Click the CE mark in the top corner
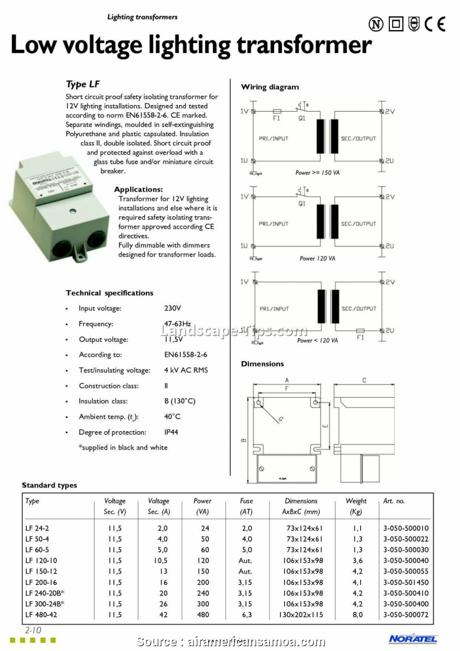pos(434,24)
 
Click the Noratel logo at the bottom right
pos(413,639)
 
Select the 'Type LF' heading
pos(83,84)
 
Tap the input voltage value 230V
pos(172,308)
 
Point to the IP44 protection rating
pos(171,432)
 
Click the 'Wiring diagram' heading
pos(270,87)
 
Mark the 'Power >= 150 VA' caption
pos(317,173)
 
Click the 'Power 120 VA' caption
pos(317,258)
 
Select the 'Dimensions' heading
pos(262,364)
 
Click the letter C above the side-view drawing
pos(364,380)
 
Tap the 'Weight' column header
pos(356,501)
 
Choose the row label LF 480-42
pos(41,615)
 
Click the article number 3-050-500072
pos(406,615)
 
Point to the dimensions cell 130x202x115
pos(301,615)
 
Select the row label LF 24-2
pos(37,528)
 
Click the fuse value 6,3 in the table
pos(247,615)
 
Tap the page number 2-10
pos(33,630)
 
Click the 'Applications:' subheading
pos(138,190)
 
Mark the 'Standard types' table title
pos(49,485)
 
